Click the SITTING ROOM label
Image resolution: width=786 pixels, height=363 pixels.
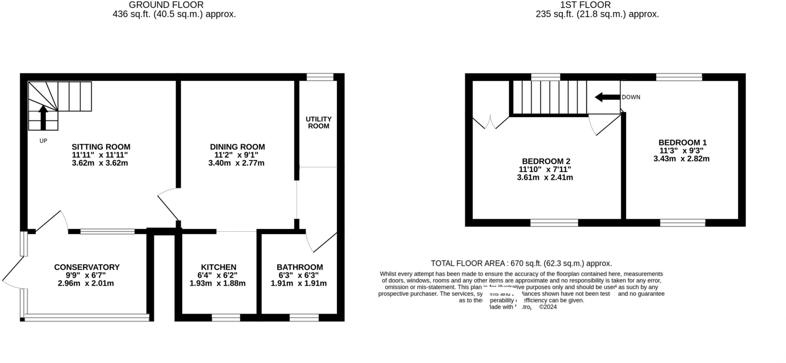(x=101, y=147)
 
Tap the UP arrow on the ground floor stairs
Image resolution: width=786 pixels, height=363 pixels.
(x=43, y=117)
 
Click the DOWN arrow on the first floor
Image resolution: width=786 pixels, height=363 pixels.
(x=607, y=97)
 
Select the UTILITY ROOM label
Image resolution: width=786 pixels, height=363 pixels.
(x=319, y=122)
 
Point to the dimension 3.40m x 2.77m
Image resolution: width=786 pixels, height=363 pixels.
(x=236, y=163)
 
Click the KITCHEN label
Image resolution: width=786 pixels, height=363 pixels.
(x=218, y=267)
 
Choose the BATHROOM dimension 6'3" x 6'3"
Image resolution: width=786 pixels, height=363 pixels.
(x=299, y=275)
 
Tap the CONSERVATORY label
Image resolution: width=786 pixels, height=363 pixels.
(x=87, y=267)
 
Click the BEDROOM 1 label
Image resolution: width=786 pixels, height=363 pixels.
(x=682, y=142)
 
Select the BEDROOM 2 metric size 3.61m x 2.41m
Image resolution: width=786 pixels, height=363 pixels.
(x=545, y=177)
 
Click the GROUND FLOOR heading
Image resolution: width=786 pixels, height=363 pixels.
(x=166, y=5)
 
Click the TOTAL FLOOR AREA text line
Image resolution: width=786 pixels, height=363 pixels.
(x=521, y=263)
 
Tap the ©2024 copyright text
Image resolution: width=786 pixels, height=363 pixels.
(x=548, y=307)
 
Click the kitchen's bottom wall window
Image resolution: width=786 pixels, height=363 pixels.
(x=226, y=317)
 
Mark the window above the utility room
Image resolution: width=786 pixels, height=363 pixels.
(x=320, y=77)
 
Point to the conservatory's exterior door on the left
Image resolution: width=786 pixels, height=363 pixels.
(x=12, y=273)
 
